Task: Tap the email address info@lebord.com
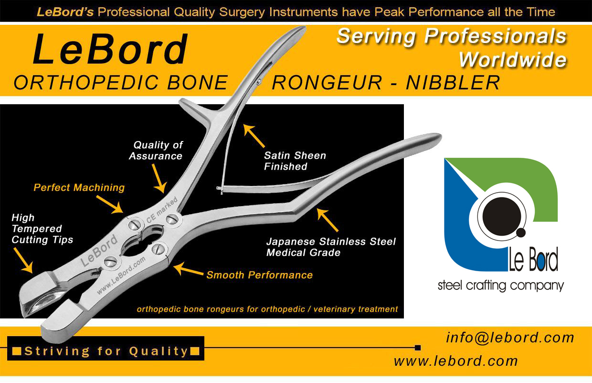[510, 338]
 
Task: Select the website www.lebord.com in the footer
[455, 361]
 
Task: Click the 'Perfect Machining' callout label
[79, 187]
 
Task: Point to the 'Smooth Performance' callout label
[260, 275]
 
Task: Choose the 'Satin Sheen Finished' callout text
[295, 161]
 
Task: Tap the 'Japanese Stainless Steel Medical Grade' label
[331, 247]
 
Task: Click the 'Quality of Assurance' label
[156, 150]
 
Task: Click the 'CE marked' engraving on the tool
[162, 210]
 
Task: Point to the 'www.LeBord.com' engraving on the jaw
[121, 275]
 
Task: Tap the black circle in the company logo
[501, 216]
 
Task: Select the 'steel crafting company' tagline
[501, 286]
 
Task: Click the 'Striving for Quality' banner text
[106, 351]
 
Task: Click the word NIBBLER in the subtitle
[453, 83]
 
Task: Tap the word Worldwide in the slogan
[513, 60]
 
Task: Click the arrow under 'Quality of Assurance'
[159, 178]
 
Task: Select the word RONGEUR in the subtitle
[327, 83]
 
